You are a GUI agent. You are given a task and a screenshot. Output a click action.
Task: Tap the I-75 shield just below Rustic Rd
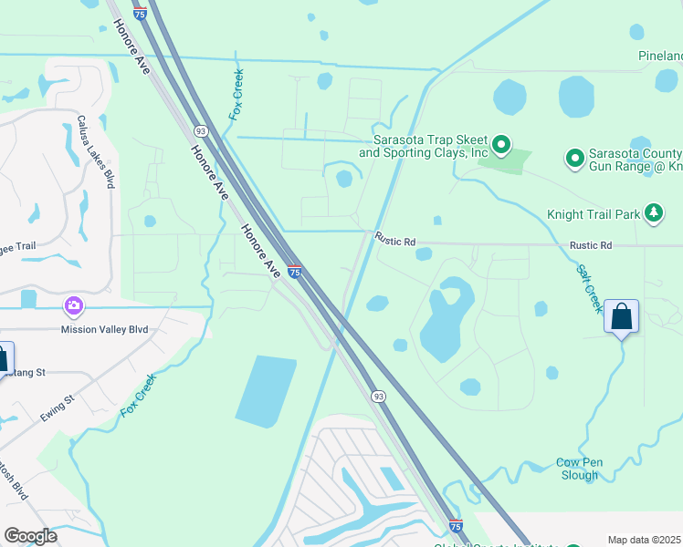(294, 272)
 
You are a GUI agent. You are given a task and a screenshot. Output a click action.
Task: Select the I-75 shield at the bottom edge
(456, 526)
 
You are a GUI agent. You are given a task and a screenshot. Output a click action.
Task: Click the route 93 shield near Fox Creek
(200, 131)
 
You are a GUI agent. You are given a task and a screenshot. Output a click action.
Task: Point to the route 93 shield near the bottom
(377, 396)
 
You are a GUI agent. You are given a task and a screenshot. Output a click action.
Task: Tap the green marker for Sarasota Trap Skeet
(500, 144)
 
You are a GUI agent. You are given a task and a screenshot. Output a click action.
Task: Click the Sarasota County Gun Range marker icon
(575, 159)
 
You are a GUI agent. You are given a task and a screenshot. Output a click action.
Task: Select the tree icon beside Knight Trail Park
(653, 214)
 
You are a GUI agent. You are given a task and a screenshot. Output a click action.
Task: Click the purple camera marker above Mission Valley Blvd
(73, 305)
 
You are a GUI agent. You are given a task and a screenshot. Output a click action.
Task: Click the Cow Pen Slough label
(579, 469)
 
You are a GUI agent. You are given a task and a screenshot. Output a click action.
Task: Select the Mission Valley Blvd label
(104, 329)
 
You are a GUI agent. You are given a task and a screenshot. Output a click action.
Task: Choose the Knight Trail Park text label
(594, 215)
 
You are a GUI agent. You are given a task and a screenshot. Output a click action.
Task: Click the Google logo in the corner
(31, 536)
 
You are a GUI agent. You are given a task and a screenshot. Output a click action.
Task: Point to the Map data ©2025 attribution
(645, 540)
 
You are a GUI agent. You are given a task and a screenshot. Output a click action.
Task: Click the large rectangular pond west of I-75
(266, 390)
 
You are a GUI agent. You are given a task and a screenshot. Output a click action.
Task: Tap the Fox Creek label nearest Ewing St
(138, 396)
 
